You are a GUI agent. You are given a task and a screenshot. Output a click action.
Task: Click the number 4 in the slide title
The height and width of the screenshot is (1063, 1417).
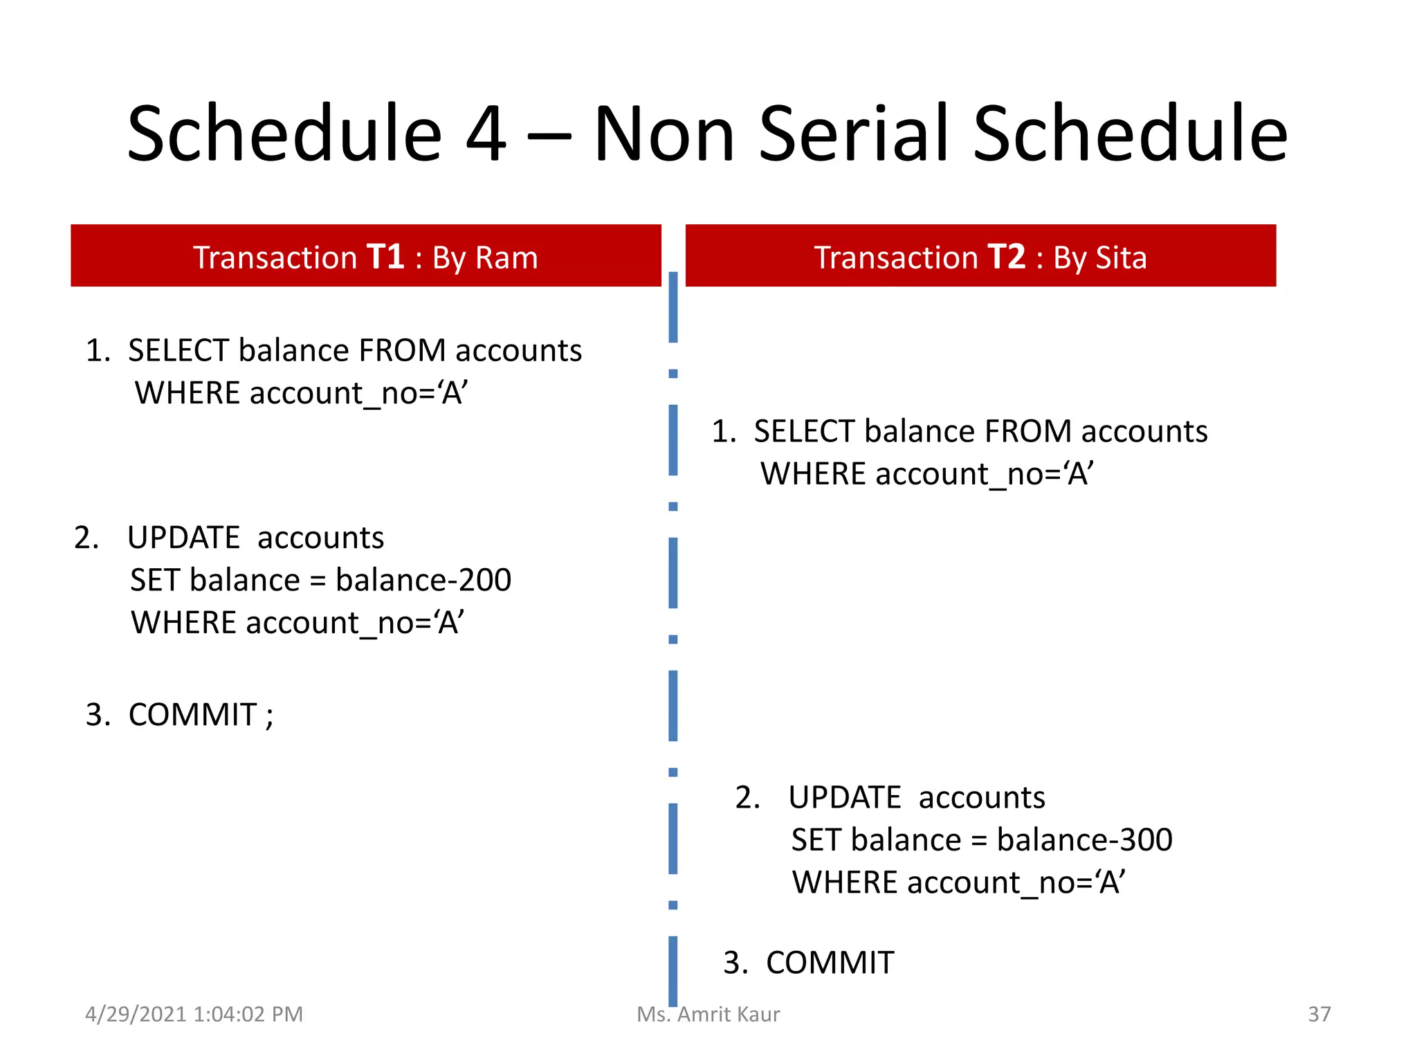[x=486, y=134]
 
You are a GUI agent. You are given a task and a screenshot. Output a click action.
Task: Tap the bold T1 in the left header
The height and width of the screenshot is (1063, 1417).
[x=385, y=257]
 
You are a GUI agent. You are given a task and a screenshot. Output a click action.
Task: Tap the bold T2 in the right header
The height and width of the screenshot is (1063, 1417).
[x=1006, y=257]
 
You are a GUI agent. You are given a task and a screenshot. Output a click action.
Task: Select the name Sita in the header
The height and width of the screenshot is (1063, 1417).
[x=1120, y=258]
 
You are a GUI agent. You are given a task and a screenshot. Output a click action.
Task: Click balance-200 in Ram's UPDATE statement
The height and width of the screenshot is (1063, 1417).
[x=423, y=580]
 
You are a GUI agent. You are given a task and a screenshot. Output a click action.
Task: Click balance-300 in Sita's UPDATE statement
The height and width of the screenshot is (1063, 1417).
[x=1084, y=840]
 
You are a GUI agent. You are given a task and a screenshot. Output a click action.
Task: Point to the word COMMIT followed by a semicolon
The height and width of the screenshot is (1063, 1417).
[x=192, y=715]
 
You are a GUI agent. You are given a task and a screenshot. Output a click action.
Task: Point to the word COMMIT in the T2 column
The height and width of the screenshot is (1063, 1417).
[x=830, y=963]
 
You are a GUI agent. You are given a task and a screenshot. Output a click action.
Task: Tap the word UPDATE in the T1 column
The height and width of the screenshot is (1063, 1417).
[x=183, y=538]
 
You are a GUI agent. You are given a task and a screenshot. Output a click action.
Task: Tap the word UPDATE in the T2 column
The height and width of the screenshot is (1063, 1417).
[x=844, y=798]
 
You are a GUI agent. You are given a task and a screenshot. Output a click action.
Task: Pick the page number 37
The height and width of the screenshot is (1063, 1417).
[x=1319, y=1015]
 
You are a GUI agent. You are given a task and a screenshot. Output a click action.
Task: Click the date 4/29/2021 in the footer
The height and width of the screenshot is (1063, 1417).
[x=136, y=1015]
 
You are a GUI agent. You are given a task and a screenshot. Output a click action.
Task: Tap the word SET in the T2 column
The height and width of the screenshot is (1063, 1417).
[x=816, y=840]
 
